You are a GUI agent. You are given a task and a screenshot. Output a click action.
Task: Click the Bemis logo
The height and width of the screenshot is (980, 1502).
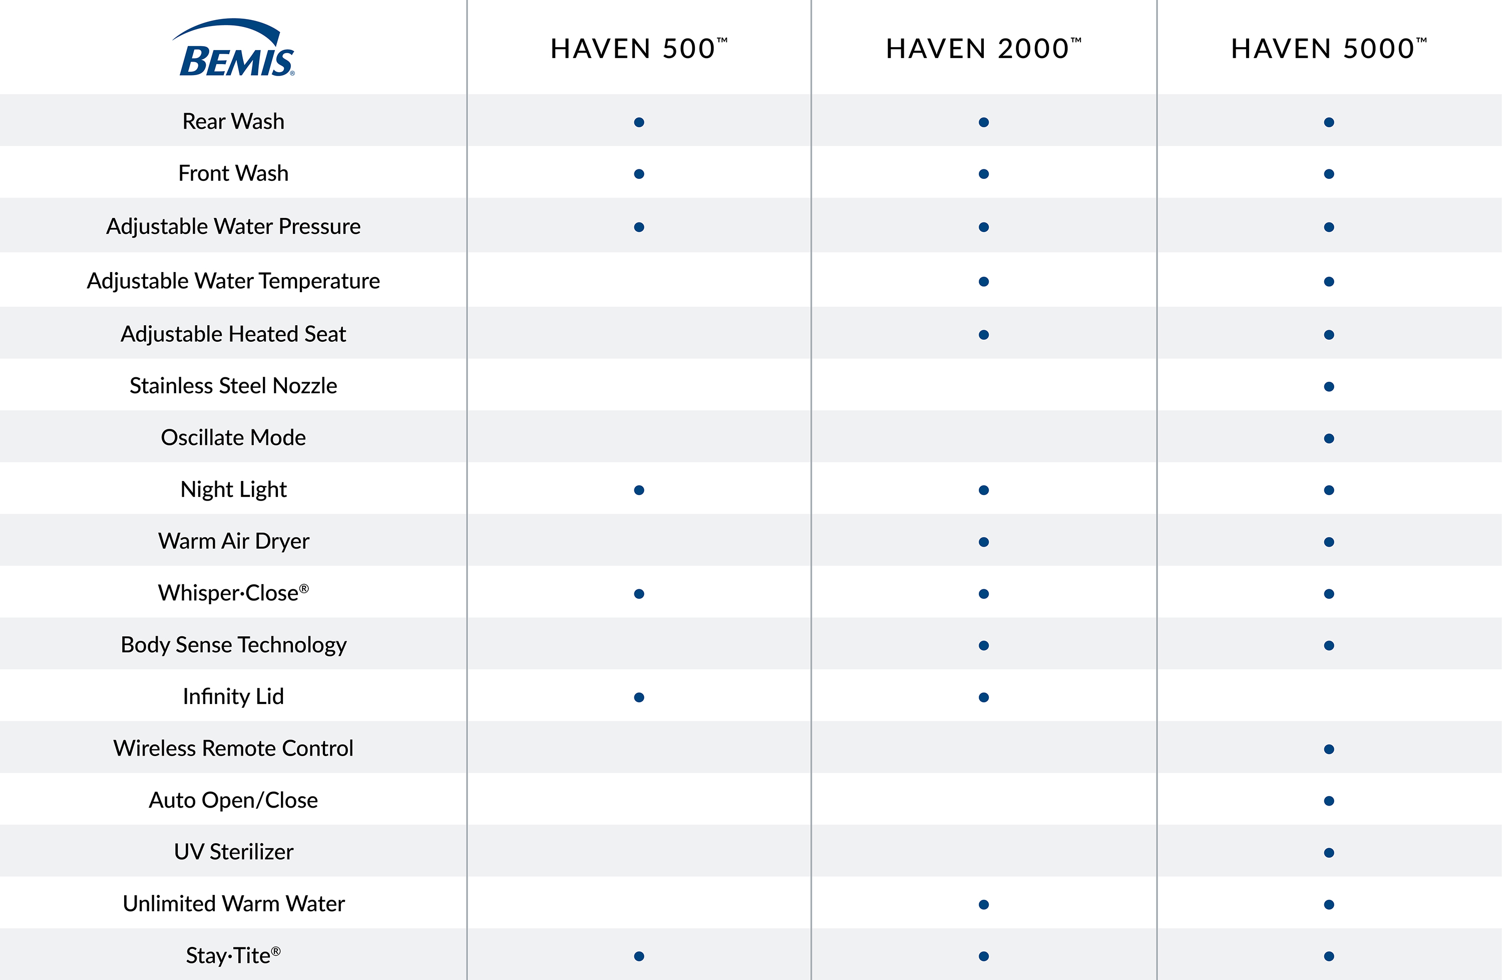point(233,49)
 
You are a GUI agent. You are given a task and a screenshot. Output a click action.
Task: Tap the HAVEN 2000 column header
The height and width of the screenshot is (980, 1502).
point(983,49)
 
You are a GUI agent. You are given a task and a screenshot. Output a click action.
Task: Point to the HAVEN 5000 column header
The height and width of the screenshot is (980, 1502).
point(1328,49)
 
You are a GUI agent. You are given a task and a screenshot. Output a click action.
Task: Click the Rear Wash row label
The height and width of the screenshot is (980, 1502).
point(233,121)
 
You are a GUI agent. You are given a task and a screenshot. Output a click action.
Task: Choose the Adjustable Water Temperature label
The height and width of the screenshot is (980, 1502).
point(233,281)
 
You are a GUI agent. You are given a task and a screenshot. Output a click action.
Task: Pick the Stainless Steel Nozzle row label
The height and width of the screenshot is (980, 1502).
point(233,385)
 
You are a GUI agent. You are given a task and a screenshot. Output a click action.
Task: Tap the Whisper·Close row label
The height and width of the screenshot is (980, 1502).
point(233,593)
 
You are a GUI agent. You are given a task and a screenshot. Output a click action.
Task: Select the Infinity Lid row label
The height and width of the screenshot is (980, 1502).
point(233,696)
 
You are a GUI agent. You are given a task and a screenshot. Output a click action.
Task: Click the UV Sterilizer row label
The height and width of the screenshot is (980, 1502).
point(233,852)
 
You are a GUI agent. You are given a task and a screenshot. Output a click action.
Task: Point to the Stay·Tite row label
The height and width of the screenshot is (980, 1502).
point(233,955)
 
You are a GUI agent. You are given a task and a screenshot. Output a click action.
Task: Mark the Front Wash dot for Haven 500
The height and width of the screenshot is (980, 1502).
point(639,174)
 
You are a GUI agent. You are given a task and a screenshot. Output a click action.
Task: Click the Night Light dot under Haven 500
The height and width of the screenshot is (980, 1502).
point(639,490)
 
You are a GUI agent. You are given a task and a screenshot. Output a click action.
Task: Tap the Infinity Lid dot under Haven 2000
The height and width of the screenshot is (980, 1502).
point(983,697)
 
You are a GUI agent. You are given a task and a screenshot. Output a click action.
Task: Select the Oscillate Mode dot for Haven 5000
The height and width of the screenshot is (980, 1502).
point(1328,438)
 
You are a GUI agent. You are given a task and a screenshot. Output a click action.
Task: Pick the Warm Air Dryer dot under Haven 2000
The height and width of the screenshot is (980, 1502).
point(983,542)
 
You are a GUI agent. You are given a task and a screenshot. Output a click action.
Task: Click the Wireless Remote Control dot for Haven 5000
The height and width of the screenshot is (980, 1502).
point(1328,749)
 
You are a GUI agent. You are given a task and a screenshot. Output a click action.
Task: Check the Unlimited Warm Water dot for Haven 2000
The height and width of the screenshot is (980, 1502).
point(983,904)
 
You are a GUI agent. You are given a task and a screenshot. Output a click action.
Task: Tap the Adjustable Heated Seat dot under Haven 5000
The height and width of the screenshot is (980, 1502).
point(1328,335)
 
